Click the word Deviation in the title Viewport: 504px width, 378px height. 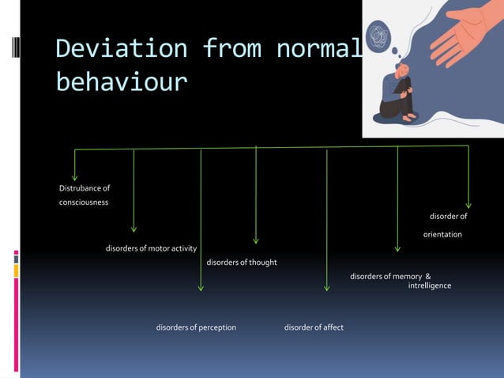tap(121, 49)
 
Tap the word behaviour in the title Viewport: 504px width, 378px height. tap(121, 81)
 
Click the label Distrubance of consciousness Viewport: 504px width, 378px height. tap(84, 195)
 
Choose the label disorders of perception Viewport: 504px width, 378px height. tap(196, 327)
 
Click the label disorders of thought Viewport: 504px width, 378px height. tap(241, 263)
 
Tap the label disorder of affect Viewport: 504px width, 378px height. tap(314, 327)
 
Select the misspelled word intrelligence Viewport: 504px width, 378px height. tap(429, 285)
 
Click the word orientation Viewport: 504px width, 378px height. tap(442, 235)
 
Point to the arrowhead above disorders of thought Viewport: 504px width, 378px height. tap(255, 240)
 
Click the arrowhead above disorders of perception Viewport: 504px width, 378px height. tap(201, 288)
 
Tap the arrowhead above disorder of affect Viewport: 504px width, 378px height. tap(326, 289)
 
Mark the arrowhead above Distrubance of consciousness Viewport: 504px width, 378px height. tap(75, 176)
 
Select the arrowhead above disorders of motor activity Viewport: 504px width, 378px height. tap(134, 229)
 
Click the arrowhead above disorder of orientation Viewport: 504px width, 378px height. tap(468, 204)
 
